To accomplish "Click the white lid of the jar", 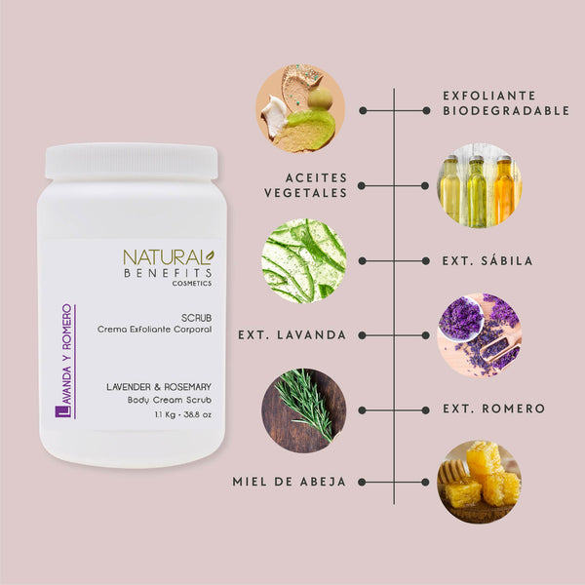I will [x=132, y=161].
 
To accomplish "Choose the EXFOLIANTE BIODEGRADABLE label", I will [x=504, y=103].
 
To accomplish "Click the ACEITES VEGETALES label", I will [x=304, y=185].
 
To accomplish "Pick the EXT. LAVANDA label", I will [x=292, y=334].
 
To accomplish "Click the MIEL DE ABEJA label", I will [x=289, y=482].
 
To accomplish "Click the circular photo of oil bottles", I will [x=478, y=185].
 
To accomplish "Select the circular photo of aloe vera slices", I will [x=303, y=260].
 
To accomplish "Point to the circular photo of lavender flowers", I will [x=478, y=334].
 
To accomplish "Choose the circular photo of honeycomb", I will [x=478, y=482].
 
